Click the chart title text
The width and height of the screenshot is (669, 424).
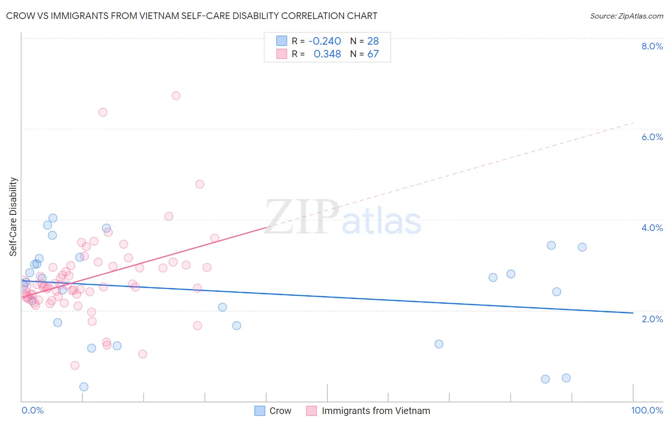click(192, 16)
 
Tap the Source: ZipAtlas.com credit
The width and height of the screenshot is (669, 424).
click(626, 16)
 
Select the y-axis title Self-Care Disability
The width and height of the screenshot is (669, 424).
click(13, 217)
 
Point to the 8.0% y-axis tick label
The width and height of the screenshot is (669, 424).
click(652, 46)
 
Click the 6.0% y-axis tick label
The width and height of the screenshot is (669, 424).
click(652, 137)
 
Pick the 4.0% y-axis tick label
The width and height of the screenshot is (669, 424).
click(652, 228)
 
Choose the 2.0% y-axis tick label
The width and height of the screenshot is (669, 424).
click(652, 319)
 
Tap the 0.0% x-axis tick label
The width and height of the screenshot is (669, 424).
click(32, 410)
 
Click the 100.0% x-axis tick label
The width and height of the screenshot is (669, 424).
click(647, 410)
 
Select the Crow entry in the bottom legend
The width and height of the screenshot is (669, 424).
click(280, 411)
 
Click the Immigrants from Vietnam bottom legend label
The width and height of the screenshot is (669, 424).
click(375, 411)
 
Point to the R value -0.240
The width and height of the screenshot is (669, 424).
click(325, 41)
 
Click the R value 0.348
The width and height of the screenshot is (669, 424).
click(327, 54)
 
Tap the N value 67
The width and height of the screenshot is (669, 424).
click(373, 54)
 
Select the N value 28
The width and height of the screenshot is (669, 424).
click(373, 41)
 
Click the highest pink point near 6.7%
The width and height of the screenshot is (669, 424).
click(176, 96)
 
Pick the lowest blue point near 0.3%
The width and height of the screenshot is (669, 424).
click(84, 387)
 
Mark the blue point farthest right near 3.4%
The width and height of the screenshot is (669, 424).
click(582, 247)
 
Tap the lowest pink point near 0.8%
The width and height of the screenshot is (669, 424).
click(75, 366)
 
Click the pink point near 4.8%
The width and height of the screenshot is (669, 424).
click(200, 184)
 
